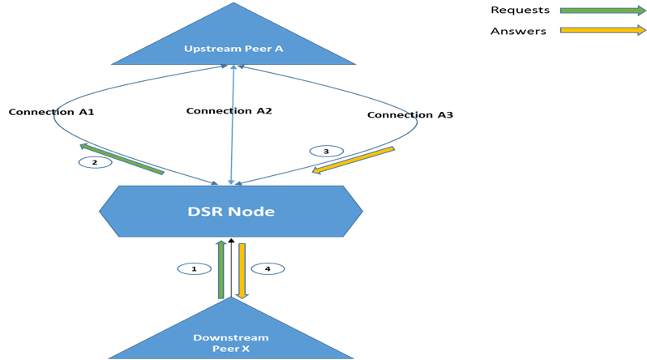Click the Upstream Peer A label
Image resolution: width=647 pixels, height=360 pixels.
coord(234,49)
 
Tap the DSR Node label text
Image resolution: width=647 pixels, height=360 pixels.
coord(232,212)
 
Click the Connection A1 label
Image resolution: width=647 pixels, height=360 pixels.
coord(52,112)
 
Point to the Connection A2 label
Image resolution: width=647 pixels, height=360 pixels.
coord(229,111)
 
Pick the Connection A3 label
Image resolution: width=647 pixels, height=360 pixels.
coord(409,115)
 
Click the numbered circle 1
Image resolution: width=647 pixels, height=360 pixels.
coord(194,268)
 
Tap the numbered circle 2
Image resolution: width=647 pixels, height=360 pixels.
coord(95,162)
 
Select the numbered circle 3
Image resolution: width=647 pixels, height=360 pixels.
coord(326,151)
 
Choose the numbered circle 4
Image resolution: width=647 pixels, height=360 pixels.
coord(268,268)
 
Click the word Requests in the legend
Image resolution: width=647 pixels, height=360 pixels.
coord(520,11)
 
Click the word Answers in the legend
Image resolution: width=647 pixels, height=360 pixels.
coord(518,32)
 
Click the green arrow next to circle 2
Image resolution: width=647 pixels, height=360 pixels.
coord(122,159)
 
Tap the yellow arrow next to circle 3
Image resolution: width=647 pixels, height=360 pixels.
coord(353,160)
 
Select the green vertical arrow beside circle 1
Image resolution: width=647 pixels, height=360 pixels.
coord(221,269)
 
